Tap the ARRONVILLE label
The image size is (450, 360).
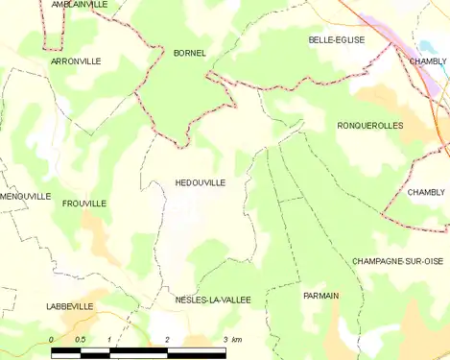(76, 60)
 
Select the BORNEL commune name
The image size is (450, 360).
(189, 52)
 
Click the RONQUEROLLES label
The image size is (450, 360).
(370, 126)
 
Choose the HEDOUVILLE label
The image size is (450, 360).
(201, 181)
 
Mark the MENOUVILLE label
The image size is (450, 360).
(25, 196)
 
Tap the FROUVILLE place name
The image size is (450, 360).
(83, 204)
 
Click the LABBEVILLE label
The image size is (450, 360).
(69, 306)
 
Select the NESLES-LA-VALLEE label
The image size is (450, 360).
(212, 300)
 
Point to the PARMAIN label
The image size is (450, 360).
(320, 295)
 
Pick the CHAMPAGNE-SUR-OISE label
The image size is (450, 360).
(397, 261)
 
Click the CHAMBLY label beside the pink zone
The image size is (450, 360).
(428, 61)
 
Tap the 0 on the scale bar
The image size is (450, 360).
(51, 340)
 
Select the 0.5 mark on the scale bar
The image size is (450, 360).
(80, 340)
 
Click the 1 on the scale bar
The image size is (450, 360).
(109, 340)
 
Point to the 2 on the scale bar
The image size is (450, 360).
(167, 340)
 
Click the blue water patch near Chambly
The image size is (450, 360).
(426, 47)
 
